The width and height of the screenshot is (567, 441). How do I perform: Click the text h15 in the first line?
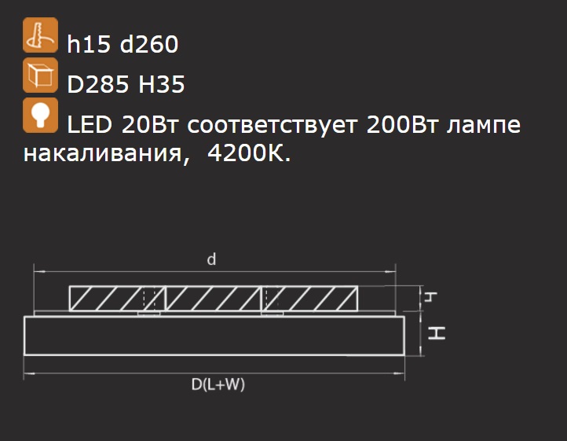[x=89, y=44]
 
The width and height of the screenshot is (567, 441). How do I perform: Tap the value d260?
[x=149, y=44]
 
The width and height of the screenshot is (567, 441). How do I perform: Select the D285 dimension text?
[x=98, y=84]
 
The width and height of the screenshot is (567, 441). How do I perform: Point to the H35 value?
[x=162, y=84]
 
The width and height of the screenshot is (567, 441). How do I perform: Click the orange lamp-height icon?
[x=40, y=35]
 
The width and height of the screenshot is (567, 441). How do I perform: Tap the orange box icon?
[x=40, y=75]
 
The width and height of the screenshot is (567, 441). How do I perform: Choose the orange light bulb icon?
[x=40, y=115]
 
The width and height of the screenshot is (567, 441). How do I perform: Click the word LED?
[x=90, y=124]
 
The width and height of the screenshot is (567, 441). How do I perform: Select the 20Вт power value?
[x=150, y=124]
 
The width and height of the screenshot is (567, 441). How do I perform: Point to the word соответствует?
[x=273, y=125]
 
